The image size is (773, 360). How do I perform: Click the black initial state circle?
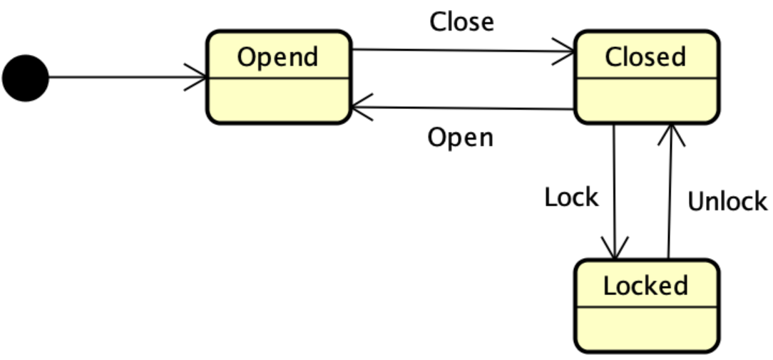point(26,78)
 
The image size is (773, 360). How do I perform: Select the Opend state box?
point(278,77)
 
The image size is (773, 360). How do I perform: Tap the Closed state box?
point(646,77)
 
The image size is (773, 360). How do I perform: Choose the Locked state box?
point(646,306)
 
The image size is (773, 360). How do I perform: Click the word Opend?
point(277,57)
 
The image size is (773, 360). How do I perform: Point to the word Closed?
point(645,57)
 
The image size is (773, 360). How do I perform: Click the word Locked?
point(645,286)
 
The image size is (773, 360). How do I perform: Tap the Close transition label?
point(461,22)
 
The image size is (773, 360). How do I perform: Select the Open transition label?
point(460,137)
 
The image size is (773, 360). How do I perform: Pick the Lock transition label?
point(570,197)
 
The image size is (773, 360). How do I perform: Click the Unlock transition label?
point(727,202)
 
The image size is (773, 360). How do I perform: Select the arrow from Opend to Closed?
point(464,51)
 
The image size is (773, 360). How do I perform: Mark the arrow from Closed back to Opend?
point(464,108)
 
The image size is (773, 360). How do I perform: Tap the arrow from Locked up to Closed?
point(670,192)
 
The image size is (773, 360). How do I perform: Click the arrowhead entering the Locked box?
point(615,250)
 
